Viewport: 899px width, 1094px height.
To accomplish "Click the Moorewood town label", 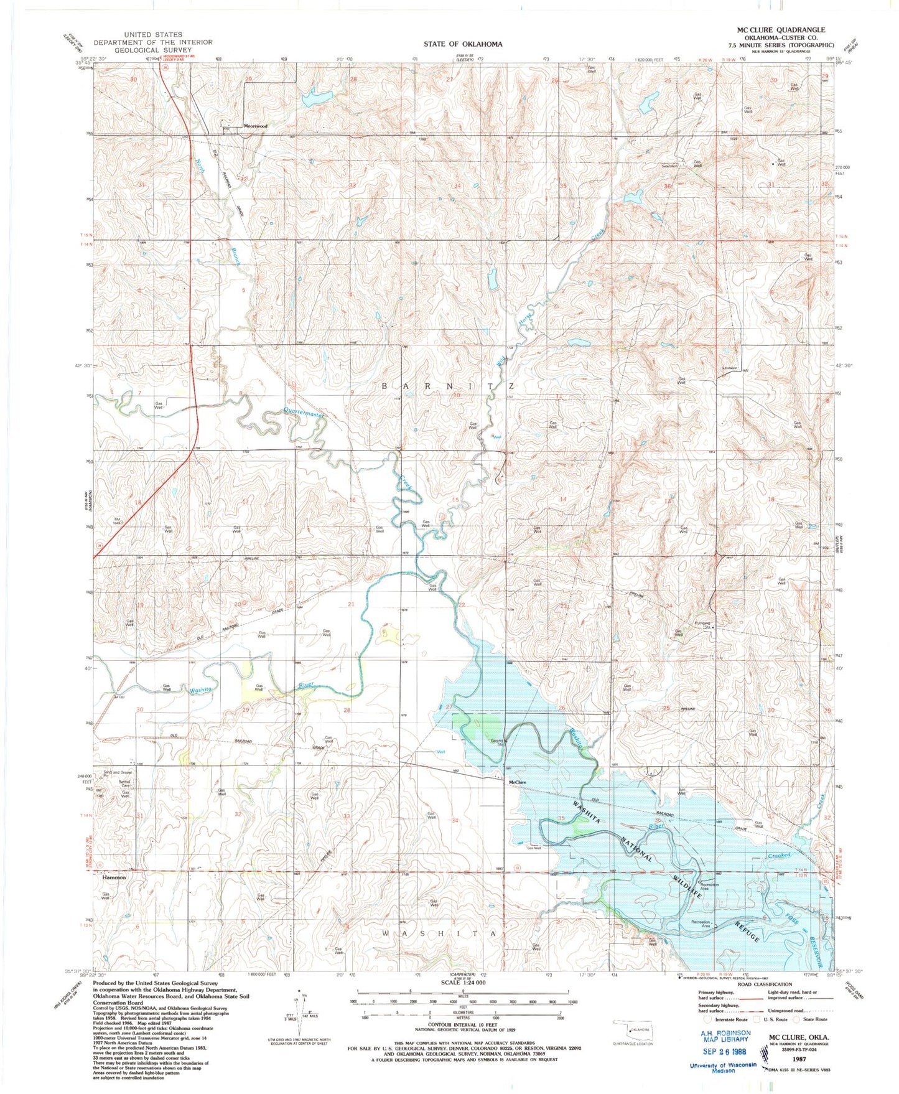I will tap(255, 126).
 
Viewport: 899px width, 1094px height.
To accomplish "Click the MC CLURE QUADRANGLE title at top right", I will tap(781, 30).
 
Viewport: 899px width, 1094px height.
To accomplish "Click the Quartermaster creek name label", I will tap(304, 412).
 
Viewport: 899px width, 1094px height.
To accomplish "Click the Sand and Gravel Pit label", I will tap(116, 774).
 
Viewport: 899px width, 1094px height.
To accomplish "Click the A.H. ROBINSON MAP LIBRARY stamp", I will tap(722, 1036).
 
